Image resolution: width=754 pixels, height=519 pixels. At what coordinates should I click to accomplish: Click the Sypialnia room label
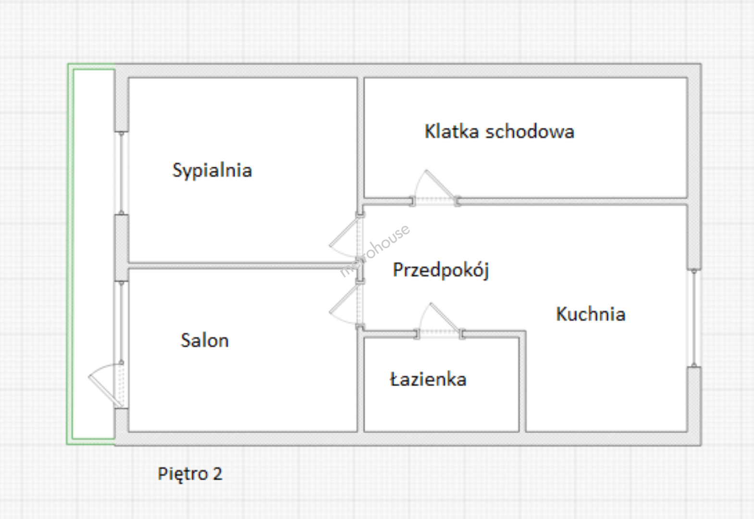coord(212,171)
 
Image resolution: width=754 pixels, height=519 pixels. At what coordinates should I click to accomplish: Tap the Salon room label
coord(205,340)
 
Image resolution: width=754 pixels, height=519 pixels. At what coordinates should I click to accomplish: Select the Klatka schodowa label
coord(499,131)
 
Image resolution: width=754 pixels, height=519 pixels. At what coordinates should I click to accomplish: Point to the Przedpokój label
coord(441,270)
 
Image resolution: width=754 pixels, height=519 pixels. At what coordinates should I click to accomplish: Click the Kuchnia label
coord(591,314)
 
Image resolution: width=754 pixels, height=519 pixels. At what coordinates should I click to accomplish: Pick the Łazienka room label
coord(428,379)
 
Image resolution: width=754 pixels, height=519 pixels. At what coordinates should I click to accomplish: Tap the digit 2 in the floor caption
coord(218,474)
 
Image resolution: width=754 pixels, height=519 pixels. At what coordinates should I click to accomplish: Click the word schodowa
coord(530,131)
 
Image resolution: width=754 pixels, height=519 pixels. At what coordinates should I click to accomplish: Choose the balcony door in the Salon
coord(106,385)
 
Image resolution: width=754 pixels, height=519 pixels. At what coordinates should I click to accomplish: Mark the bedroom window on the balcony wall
coord(122,173)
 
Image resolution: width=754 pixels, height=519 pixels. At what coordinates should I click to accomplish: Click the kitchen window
coord(694,318)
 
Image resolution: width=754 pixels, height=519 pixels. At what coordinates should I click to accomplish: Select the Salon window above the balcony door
coord(122,321)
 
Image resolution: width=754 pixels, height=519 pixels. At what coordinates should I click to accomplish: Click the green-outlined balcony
coord(91,254)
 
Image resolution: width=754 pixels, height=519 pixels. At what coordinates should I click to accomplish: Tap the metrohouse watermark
coord(375,250)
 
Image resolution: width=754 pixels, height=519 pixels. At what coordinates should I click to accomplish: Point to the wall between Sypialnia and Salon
coord(243,266)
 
